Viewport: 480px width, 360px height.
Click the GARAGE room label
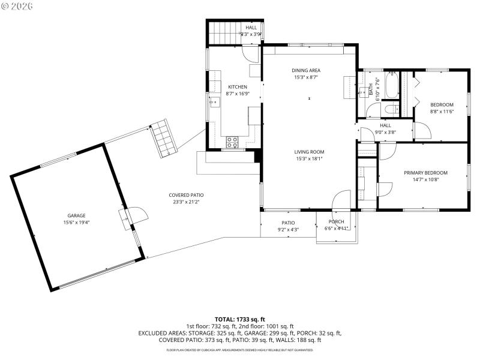click(x=76, y=215)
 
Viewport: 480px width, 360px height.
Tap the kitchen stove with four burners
click(x=232, y=142)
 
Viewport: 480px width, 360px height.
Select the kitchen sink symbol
click(x=214, y=103)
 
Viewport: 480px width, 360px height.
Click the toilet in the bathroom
click(x=390, y=109)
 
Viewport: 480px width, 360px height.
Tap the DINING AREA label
click(x=306, y=70)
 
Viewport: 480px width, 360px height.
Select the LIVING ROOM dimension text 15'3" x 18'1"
click(x=309, y=159)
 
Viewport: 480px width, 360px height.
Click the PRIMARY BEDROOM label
click(x=425, y=173)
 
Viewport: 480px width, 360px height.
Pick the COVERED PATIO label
click(x=186, y=195)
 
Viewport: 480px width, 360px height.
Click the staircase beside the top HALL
click(x=224, y=32)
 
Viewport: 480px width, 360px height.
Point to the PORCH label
click(x=336, y=222)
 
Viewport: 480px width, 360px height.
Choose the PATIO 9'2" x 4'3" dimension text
click(x=288, y=229)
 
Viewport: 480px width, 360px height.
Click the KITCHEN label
click(x=237, y=87)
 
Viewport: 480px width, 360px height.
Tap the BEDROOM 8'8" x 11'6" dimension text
click(x=442, y=111)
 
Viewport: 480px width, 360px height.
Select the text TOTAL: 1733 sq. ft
click(x=240, y=319)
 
